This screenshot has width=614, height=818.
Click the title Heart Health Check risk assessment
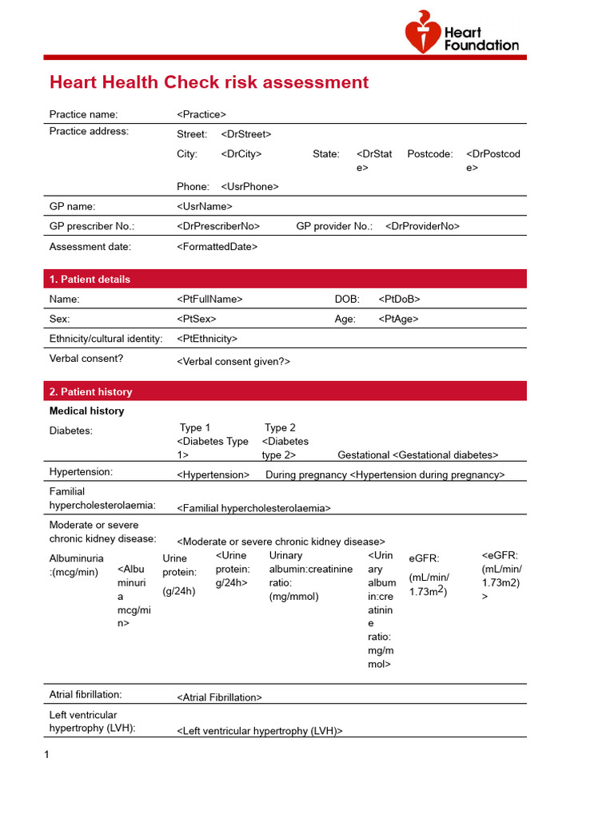209,82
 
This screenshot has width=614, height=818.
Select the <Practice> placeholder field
201,114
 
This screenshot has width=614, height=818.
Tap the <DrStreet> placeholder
246,134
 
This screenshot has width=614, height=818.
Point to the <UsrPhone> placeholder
249,186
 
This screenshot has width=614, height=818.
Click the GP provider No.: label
334,226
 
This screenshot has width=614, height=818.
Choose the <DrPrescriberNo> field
218,226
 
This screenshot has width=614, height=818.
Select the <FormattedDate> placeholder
217,247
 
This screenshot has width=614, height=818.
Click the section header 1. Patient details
90,279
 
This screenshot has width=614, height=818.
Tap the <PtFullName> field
209,299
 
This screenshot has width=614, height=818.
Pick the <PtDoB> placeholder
399,299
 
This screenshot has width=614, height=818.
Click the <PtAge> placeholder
398,319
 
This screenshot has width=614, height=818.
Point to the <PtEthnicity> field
207,339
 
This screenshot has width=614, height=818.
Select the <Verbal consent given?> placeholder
233,361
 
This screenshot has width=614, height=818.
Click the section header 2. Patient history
90,391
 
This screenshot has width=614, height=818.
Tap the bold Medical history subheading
86,411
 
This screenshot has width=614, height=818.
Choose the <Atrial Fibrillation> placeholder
219,697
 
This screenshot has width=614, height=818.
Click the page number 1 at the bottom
47,754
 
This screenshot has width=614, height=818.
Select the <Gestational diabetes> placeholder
445,455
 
